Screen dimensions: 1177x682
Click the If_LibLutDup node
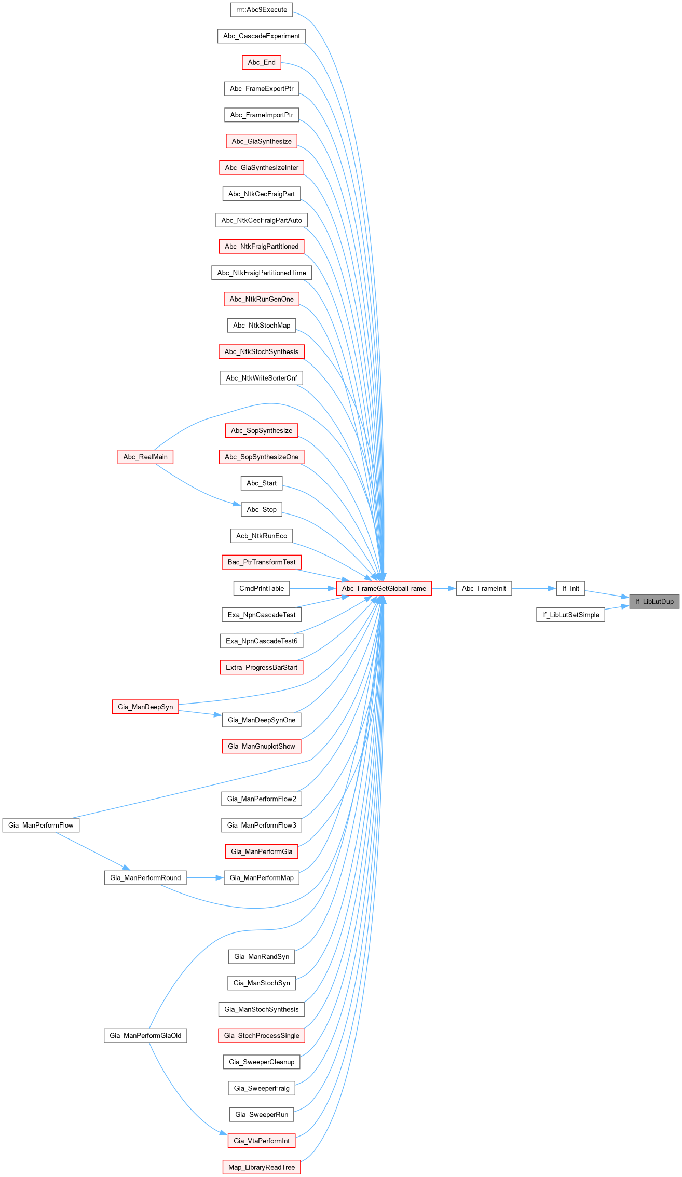click(x=654, y=601)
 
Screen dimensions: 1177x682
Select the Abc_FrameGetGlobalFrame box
click(x=384, y=588)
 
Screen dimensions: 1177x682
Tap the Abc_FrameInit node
click(x=484, y=588)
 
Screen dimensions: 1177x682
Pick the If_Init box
click(x=570, y=588)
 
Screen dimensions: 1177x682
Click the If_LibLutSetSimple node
click(x=570, y=615)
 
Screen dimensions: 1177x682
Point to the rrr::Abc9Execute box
click(x=262, y=9)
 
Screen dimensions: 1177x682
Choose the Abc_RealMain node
click(x=145, y=457)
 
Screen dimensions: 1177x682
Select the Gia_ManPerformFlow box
click(x=41, y=825)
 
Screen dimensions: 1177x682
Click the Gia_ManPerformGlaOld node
click(x=145, y=1035)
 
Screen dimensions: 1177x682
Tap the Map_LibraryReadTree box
click(x=262, y=1167)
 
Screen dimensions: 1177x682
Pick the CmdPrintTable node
click(x=262, y=588)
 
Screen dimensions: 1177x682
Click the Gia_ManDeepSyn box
click(x=145, y=707)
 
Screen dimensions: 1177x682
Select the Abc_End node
click(x=262, y=62)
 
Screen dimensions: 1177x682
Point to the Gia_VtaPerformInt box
click(x=262, y=1141)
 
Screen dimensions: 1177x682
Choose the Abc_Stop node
click(x=262, y=509)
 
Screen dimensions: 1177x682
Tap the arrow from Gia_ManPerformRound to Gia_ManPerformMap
click(x=205, y=878)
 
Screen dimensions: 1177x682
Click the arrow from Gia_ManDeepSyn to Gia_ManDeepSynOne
click(x=200, y=713)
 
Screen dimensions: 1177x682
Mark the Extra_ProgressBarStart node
click(x=262, y=667)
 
